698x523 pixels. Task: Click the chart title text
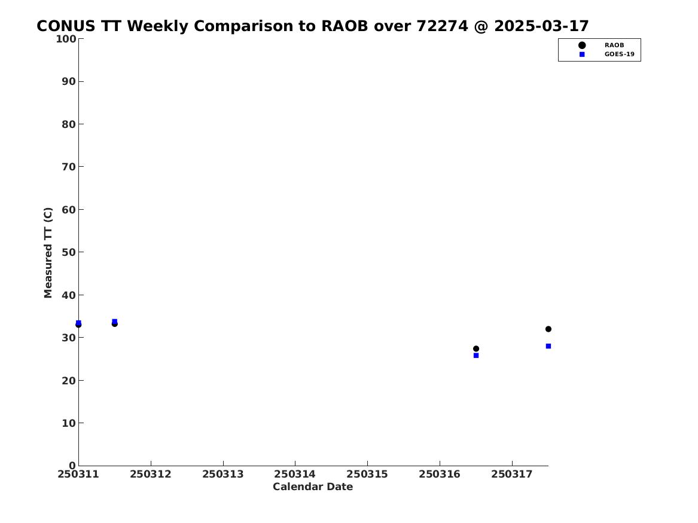(312, 26)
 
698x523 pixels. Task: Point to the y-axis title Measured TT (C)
(48, 252)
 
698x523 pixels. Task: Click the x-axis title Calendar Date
(312, 487)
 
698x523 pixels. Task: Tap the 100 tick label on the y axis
(65, 39)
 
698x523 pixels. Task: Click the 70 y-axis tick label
(69, 167)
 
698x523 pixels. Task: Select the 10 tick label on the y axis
(69, 423)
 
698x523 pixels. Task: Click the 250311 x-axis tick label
(78, 474)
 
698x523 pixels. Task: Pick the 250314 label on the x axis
(295, 474)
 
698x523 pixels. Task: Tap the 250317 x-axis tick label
(512, 474)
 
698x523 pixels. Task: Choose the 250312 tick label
(151, 474)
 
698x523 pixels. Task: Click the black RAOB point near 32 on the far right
(548, 329)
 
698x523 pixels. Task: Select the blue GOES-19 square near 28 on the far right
(548, 346)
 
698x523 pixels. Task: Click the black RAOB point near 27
(476, 348)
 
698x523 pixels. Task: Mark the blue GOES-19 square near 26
(476, 355)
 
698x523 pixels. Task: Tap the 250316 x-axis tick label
(440, 474)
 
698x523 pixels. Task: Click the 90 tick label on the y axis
(69, 81)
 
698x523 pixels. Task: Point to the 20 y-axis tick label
(69, 380)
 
